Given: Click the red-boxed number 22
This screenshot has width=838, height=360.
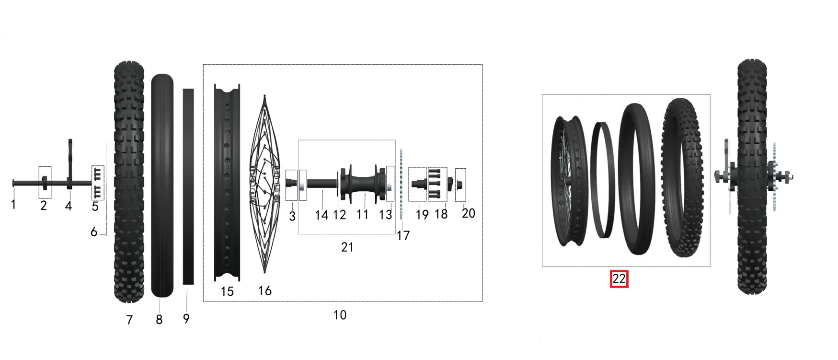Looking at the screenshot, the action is (619, 279).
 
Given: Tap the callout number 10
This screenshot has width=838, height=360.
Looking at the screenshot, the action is (340, 315).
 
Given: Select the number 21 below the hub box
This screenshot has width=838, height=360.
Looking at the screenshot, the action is (347, 247).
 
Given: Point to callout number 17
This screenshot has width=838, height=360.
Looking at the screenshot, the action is (403, 235).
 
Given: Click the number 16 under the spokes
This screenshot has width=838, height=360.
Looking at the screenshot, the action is (265, 290).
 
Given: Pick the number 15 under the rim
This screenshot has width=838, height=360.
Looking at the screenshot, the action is (227, 291).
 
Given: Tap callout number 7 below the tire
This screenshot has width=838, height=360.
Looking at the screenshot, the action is (129, 320).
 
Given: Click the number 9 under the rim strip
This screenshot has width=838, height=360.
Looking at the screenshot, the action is (186, 319).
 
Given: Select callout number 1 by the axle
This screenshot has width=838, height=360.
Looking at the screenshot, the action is (13, 205).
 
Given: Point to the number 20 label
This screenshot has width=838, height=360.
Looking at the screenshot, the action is (469, 213).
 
